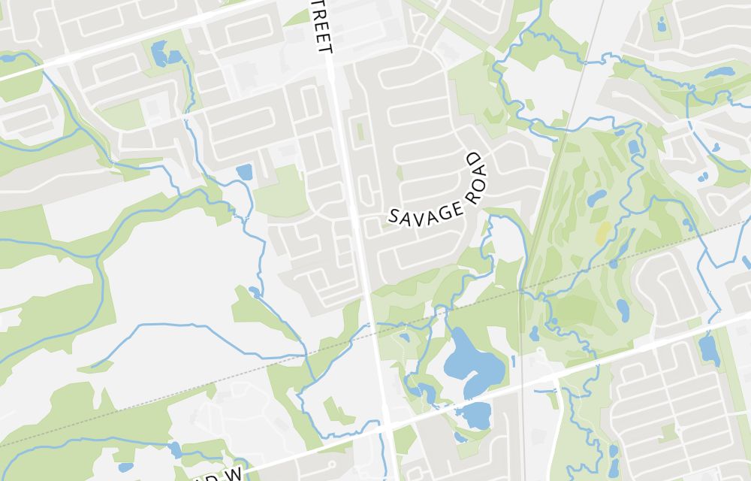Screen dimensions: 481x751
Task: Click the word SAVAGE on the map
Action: coord(424,209)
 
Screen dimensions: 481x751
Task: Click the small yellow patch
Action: coord(602,231)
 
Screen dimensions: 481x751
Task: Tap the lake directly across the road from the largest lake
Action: coord(474,413)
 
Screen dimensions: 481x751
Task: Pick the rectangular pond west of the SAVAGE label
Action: coord(244,172)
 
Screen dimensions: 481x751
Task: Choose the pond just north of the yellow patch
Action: coord(596,198)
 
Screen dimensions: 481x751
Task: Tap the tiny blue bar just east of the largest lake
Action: coord(514,361)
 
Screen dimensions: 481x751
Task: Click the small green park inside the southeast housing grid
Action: coord(668,433)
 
